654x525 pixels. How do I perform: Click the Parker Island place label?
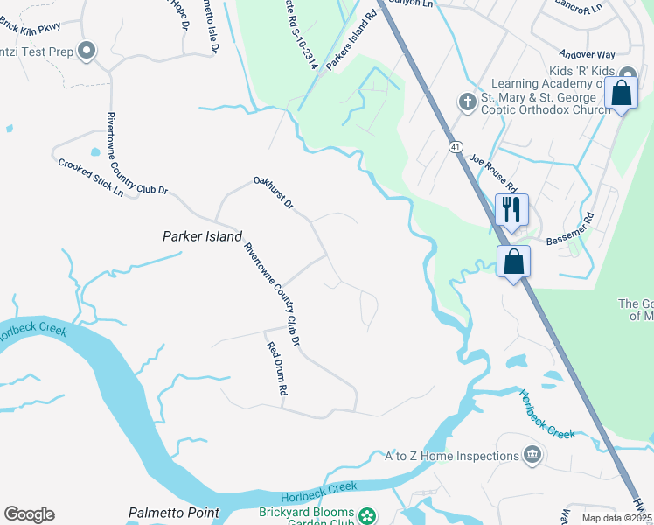202,236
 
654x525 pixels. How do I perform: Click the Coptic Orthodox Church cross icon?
467,102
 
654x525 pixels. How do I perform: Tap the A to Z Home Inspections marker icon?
532,456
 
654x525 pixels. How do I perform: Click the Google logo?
29,514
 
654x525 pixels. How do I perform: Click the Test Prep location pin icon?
86,51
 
